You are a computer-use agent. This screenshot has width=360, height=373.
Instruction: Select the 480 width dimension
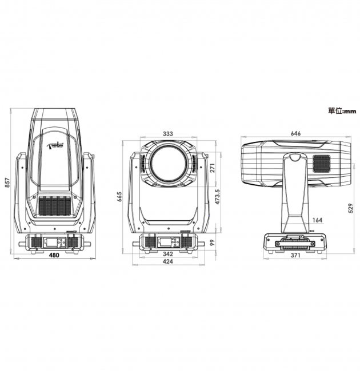click(54, 255)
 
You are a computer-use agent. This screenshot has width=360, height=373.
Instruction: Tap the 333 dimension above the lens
click(168, 133)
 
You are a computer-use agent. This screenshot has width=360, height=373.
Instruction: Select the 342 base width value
click(167, 254)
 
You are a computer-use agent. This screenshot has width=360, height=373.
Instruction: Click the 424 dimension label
click(167, 261)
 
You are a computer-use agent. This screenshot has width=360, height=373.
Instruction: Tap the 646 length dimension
click(295, 133)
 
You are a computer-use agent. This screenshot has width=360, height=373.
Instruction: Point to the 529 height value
click(350, 208)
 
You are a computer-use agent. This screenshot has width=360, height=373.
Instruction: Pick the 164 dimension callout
click(317, 220)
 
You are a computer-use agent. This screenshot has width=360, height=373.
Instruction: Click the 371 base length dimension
click(295, 255)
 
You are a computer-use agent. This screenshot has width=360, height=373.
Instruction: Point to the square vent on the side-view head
click(321, 162)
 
